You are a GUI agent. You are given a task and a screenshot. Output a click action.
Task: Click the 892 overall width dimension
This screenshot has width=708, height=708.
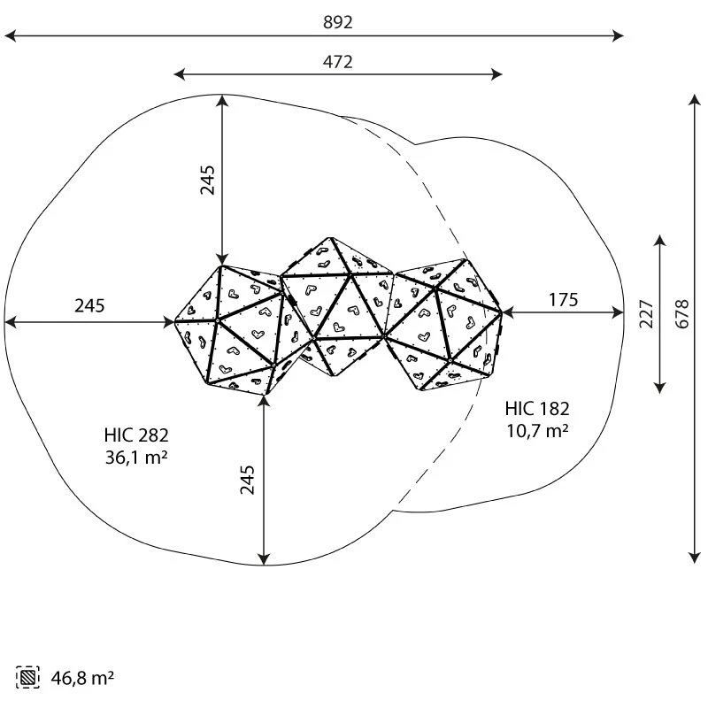point(337,23)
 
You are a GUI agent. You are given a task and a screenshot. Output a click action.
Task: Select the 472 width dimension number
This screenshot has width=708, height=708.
point(337,62)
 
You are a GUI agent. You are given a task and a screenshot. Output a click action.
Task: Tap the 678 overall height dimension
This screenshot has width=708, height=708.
point(681,314)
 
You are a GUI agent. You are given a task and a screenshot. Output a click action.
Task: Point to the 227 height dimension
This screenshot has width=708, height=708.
point(646,314)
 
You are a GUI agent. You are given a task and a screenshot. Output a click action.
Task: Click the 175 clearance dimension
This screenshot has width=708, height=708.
point(563,300)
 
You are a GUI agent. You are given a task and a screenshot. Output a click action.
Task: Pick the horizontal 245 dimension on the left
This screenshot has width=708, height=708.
point(89,305)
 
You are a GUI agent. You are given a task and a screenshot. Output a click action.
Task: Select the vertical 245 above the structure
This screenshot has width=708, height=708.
point(208,181)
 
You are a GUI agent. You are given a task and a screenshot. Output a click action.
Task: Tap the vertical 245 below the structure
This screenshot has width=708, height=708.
point(247,480)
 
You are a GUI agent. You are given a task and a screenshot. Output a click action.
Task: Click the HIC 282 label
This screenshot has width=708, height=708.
point(136,435)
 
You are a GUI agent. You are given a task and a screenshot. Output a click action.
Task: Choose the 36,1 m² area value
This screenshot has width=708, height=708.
point(136,458)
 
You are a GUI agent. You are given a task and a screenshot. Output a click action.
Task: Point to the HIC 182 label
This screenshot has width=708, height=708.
point(537,409)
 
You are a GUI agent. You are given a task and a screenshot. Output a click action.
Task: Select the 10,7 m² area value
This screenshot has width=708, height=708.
point(537,431)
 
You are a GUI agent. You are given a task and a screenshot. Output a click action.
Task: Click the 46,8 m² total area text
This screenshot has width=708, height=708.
point(82,678)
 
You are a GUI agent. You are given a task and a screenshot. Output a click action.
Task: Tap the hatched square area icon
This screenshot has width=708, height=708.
point(27,677)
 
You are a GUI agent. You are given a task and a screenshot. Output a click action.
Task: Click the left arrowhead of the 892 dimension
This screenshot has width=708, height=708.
point(10,35)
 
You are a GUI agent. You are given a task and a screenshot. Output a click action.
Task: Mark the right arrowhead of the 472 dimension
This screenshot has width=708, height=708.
point(496,74)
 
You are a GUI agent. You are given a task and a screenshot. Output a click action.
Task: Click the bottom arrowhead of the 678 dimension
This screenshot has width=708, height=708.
point(695,558)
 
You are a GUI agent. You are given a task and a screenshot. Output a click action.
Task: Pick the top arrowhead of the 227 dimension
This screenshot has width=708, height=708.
point(659,241)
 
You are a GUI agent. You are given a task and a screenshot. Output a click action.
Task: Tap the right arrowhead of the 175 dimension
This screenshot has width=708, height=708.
point(618,312)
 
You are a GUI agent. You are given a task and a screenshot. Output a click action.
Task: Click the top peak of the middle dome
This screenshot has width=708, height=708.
point(330,238)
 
